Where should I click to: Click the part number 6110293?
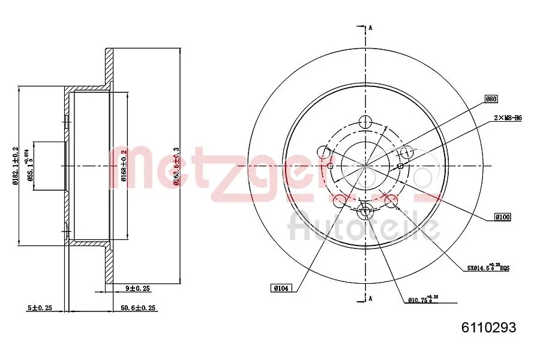tap(488, 328)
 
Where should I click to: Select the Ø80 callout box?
tap(491, 99)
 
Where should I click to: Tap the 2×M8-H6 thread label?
tap(508, 118)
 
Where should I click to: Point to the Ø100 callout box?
tap(502, 217)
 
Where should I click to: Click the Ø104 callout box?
tap(281, 288)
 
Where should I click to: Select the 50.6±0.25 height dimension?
tap(137, 308)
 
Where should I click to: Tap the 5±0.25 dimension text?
tap(40, 308)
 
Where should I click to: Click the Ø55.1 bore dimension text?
tap(27, 166)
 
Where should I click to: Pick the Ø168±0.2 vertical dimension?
tap(124, 165)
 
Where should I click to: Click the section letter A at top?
tap(371, 28)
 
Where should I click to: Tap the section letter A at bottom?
tap(371, 298)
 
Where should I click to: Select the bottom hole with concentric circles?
tap(365, 210)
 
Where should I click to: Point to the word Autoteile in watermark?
tap(364, 227)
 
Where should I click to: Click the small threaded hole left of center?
tap(330, 166)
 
